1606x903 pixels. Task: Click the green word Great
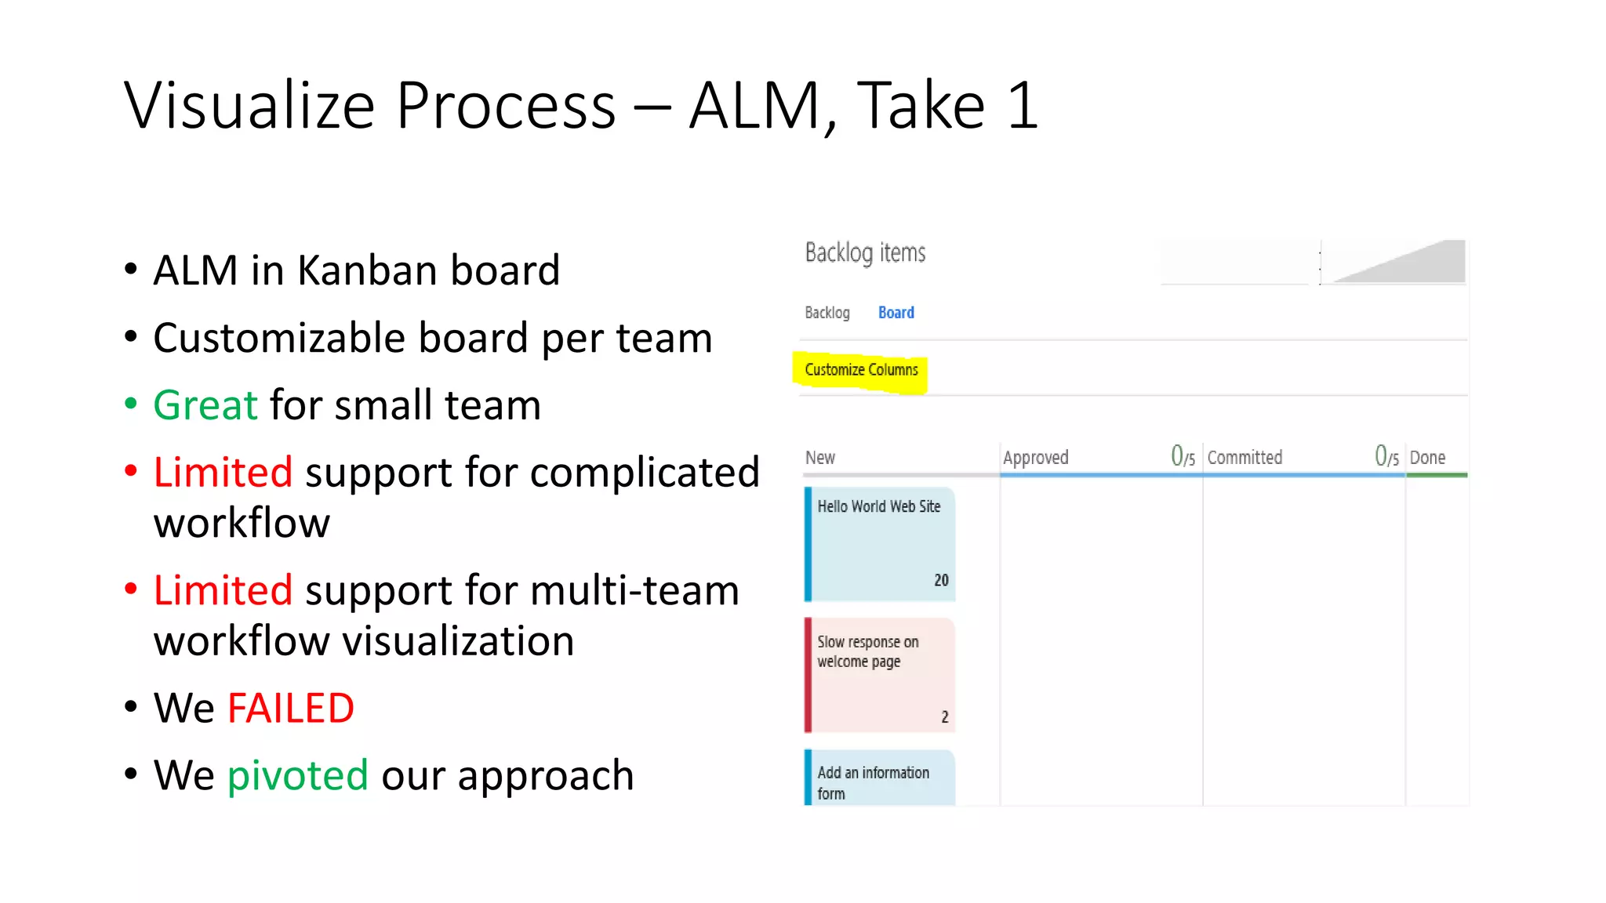pyautogui.click(x=205, y=405)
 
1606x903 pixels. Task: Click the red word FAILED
pyautogui.click(x=290, y=708)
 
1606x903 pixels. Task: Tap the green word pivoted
pyautogui.click(x=297, y=775)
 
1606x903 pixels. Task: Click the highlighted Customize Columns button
pyautogui.click(x=861, y=370)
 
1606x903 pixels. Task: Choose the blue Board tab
pyautogui.click(x=896, y=313)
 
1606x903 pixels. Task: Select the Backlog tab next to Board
pyautogui.click(x=827, y=313)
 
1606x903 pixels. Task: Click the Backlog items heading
pyautogui.click(x=865, y=253)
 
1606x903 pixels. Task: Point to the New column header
pyautogui.click(x=819, y=458)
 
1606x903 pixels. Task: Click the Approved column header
pyautogui.click(x=1035, y=458)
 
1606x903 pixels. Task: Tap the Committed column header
pyautogui.click(x=1244, y=458)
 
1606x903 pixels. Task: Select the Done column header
pyautogui.click(x=1427, y=458)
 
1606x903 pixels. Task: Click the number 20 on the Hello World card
pyautogui.click(x=941, y=580)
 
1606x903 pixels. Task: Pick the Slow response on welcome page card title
pyautogui.click(x=867, y=651)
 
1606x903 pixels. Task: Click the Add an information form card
pyautogui.click(x=873, y=782)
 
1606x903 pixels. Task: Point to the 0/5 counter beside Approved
pyautogui.click(x=1183, y=456)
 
